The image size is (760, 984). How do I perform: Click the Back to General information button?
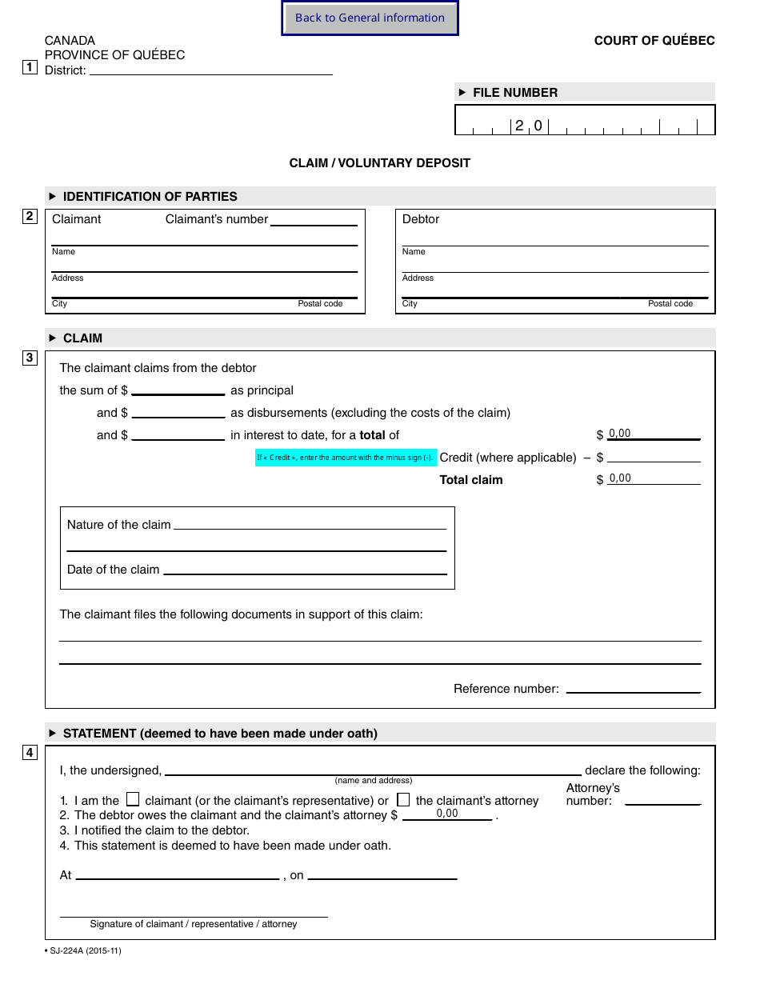(x=370, y=18)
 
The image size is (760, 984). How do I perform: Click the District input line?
(x=211, y=69)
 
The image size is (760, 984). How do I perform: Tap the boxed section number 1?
(x=30, y=67)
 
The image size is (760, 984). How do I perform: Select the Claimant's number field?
(x=314, y=220)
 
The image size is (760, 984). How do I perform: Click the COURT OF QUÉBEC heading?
(x=654, y=41)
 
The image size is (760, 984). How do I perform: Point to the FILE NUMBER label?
(x=514, y=93)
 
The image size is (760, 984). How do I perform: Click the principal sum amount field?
(x=178, y=390)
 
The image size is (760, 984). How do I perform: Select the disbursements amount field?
(x=178, y=412)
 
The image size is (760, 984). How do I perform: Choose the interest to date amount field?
(x=178, y=434)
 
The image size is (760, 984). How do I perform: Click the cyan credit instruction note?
(x=346, y=458)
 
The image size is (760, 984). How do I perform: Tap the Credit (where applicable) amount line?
(x=654, y=457)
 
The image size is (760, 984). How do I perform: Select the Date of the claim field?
(x=305, y=569)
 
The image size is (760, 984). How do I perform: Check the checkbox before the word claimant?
(x=134, y=799)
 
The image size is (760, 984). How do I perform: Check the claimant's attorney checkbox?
(x=403, y=799)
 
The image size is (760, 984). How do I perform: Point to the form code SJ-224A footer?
(x=83, y=950)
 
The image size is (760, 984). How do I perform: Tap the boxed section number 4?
(x=30, y=753)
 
